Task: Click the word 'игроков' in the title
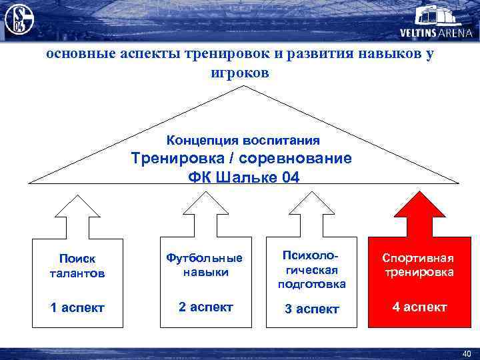[240, 73]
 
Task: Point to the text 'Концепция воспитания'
[243, 140]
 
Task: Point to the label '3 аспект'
[311, 309]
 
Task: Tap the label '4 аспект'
[418, 307]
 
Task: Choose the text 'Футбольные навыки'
[205, 265]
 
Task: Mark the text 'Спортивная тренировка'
[418, 265]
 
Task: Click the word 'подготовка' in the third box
[311, 284]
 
